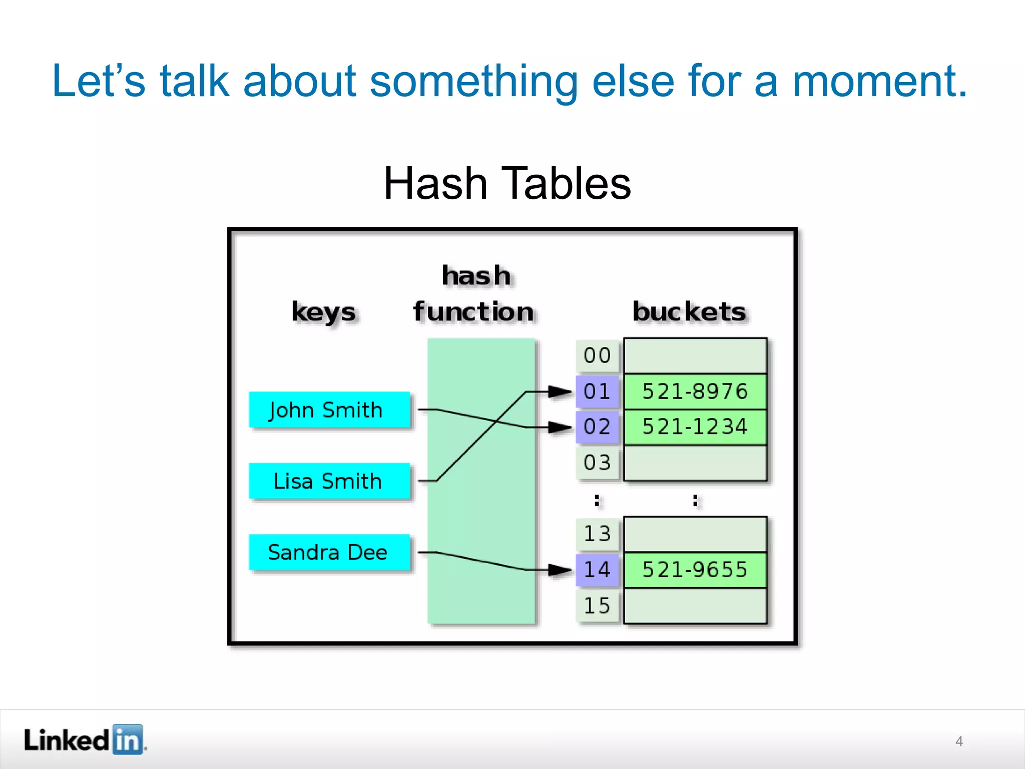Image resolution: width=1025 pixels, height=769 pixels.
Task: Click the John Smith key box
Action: pos(329,410)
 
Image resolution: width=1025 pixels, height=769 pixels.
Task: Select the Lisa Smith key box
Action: pos(329,481)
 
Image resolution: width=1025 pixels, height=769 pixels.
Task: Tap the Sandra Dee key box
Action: pos(329,552)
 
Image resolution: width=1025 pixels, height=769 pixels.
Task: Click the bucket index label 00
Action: pos(597,355)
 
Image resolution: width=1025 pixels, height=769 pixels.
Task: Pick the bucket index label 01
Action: pos(597,391)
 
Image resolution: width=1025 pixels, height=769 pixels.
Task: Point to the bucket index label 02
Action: pos(597,427)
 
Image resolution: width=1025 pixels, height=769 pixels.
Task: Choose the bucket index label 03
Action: pos(597,463)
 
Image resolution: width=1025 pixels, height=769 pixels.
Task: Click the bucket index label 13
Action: pos(597,534)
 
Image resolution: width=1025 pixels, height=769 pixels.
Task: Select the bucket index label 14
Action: pos(597,570)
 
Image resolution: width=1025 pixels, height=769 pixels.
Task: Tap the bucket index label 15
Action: pos(597,606)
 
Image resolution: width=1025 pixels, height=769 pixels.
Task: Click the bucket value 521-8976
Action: pos(695,392)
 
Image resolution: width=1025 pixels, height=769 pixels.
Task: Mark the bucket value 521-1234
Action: pos(695,427)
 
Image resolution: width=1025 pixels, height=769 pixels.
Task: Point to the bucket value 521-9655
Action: pos(695,570)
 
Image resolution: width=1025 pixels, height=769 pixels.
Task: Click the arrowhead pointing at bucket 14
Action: pos(560,570)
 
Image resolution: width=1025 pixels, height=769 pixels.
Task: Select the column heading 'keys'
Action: pos(324,312)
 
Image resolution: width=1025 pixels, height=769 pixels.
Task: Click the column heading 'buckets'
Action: pos(689,311)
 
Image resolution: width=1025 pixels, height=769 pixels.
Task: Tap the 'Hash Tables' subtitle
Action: pos(507,183)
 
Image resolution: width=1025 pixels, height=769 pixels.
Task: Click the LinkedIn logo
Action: pos(85,739)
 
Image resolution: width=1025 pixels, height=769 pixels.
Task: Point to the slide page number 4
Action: pos(959,741)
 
